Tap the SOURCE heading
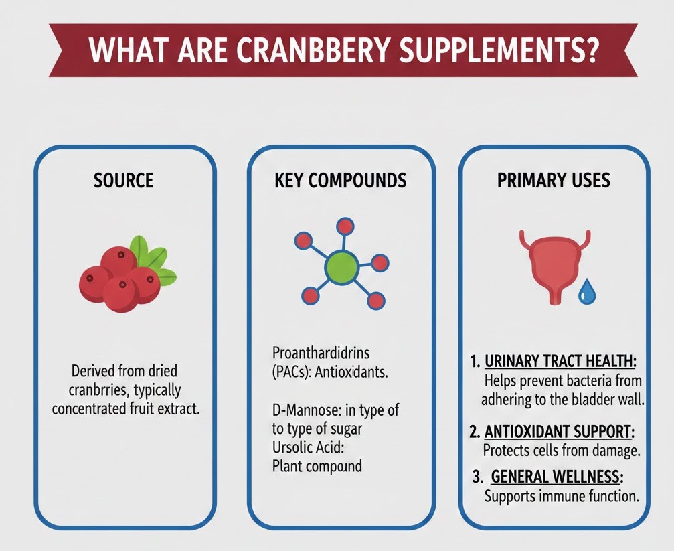click(x=124, y=180)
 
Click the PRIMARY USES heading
click(x=554, y=180)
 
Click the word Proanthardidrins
click(x=321, y=352)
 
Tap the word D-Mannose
click(x=302, y=410)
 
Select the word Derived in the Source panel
click(x=92, y=370)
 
